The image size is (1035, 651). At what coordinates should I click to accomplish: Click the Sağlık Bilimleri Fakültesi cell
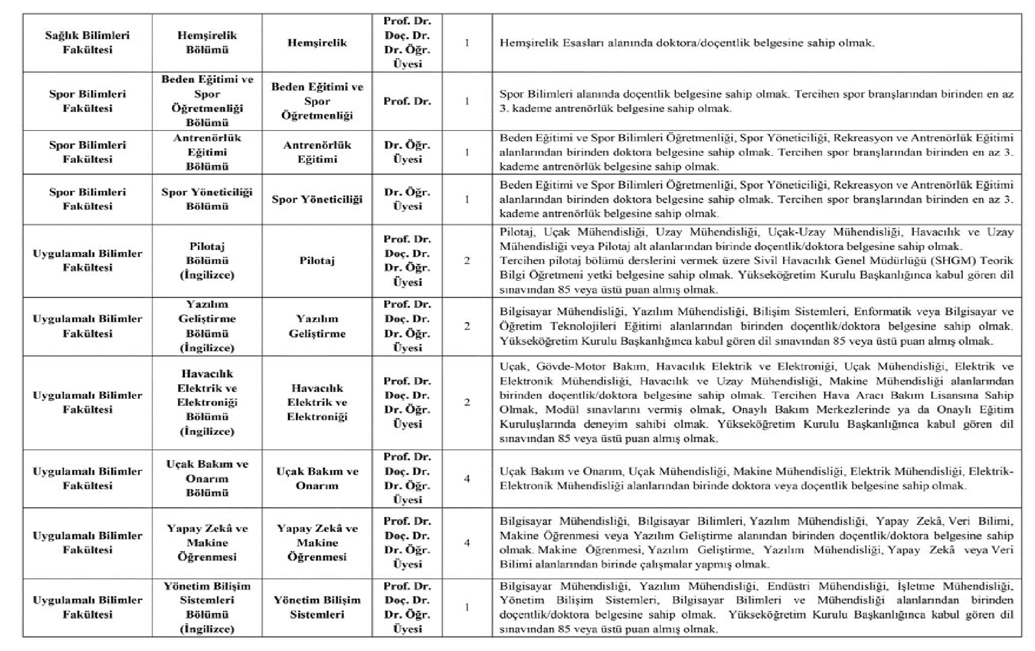[x=87, y=43]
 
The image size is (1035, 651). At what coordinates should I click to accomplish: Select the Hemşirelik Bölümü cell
[x=207, y=43]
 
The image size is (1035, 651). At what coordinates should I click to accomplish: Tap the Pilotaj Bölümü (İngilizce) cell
[x=207, y=261]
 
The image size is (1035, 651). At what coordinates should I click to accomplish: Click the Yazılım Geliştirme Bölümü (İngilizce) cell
[x=207, y=326]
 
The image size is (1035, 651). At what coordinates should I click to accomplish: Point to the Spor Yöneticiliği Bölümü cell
[x=207, y=199]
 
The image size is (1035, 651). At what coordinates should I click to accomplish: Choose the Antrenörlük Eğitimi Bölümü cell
[x=207, y=152]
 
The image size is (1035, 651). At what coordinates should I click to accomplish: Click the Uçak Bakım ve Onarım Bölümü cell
[x=207, y=478]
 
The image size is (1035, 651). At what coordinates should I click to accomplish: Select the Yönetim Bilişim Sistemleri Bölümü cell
[x=207, y=607]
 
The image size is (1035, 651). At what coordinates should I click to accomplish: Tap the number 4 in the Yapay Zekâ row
[x=467, y=543]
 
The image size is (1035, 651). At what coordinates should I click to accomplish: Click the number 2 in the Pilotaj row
[x=467, y=261]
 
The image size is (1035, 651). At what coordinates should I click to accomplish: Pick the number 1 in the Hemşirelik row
[x=467, y=43]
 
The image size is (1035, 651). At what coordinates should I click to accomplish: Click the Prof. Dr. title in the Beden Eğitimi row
[x=407, y=101]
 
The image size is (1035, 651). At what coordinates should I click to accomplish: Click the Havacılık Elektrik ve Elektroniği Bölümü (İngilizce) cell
[x=207, y=403]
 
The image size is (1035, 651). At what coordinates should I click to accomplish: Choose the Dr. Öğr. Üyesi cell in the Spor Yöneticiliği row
[x=407, y=199]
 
